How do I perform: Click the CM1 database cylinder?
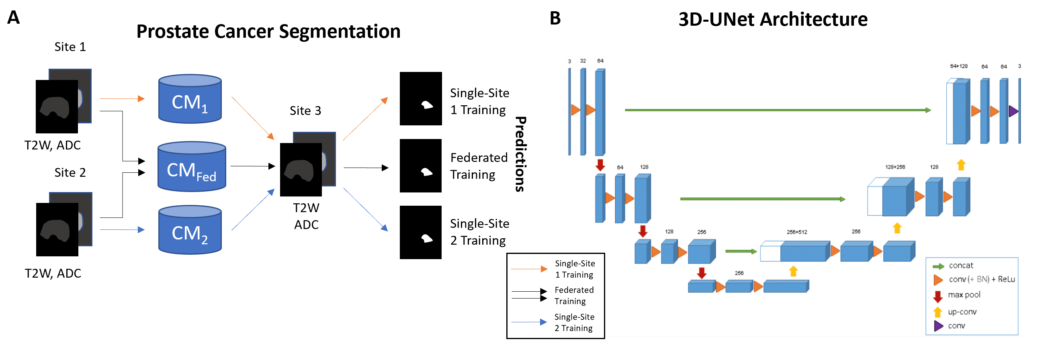click(x=190, y=99)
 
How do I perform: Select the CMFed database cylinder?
click(x=192, y=166)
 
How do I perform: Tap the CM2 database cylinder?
click(x=190, y=230)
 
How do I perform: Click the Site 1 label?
click(x=70, y=47)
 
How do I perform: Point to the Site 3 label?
click(x=305, y=110)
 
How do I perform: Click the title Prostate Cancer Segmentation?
click(x=268, y=31)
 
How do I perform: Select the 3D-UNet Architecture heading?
click(x=773, y=19)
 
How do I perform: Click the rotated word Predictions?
click(x=521, y=154)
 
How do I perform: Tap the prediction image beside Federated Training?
click(x=421, y=166)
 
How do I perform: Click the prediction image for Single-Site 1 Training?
click(x=421, y=98)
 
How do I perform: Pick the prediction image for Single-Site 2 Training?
click(x=421, y=232)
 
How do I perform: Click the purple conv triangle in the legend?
click(x=938, y=326)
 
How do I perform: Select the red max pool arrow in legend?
click(x=938, y=297)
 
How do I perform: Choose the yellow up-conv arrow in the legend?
click(x=938, y=312)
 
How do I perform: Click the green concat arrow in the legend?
click(x=938, y=266)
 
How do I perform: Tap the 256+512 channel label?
click(x=796, y=232)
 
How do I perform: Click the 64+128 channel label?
click(x=958, y=66)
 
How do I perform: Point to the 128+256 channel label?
click(x=895, y=167)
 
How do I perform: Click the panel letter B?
click(x=555, y=18)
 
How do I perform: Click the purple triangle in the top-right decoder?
click(x=1013, y=111)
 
